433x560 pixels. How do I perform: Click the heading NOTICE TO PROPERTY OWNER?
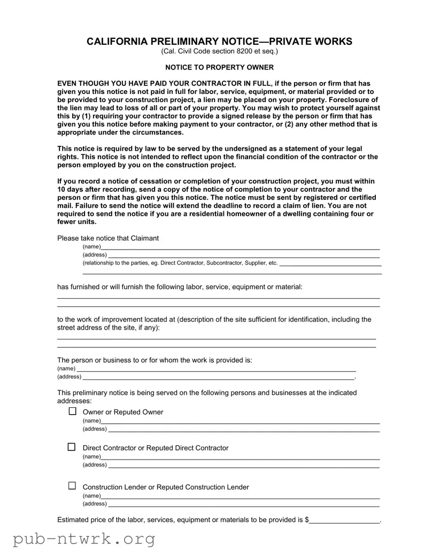point(219,67)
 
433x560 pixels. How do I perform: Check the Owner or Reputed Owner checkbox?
point(72,411)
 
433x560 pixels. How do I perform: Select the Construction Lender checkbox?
point(72,486)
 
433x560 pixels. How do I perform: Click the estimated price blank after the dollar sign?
point(344,519)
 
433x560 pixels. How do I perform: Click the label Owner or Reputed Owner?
point(123,412)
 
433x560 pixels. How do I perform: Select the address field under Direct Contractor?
point(243,465)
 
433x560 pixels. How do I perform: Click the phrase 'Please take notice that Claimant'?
point(108,238)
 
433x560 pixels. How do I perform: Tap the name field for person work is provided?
point(216,369)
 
